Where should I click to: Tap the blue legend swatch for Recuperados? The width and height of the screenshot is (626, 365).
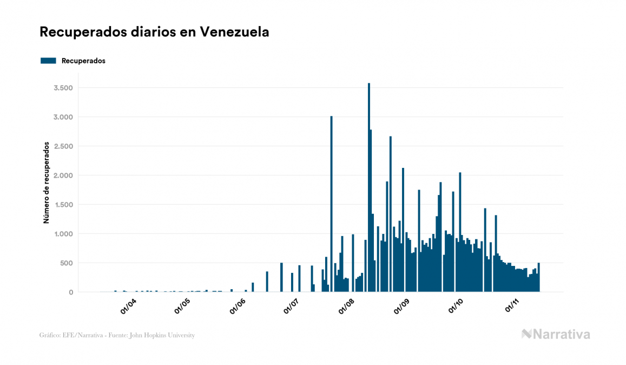(49, 61)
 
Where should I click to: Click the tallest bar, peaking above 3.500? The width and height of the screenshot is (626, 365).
(369, 190)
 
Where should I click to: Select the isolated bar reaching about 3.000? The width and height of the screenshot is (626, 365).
(331, 206)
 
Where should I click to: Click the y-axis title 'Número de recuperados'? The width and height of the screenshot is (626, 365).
(47, 183)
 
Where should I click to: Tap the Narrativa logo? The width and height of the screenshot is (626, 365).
(556, 334)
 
